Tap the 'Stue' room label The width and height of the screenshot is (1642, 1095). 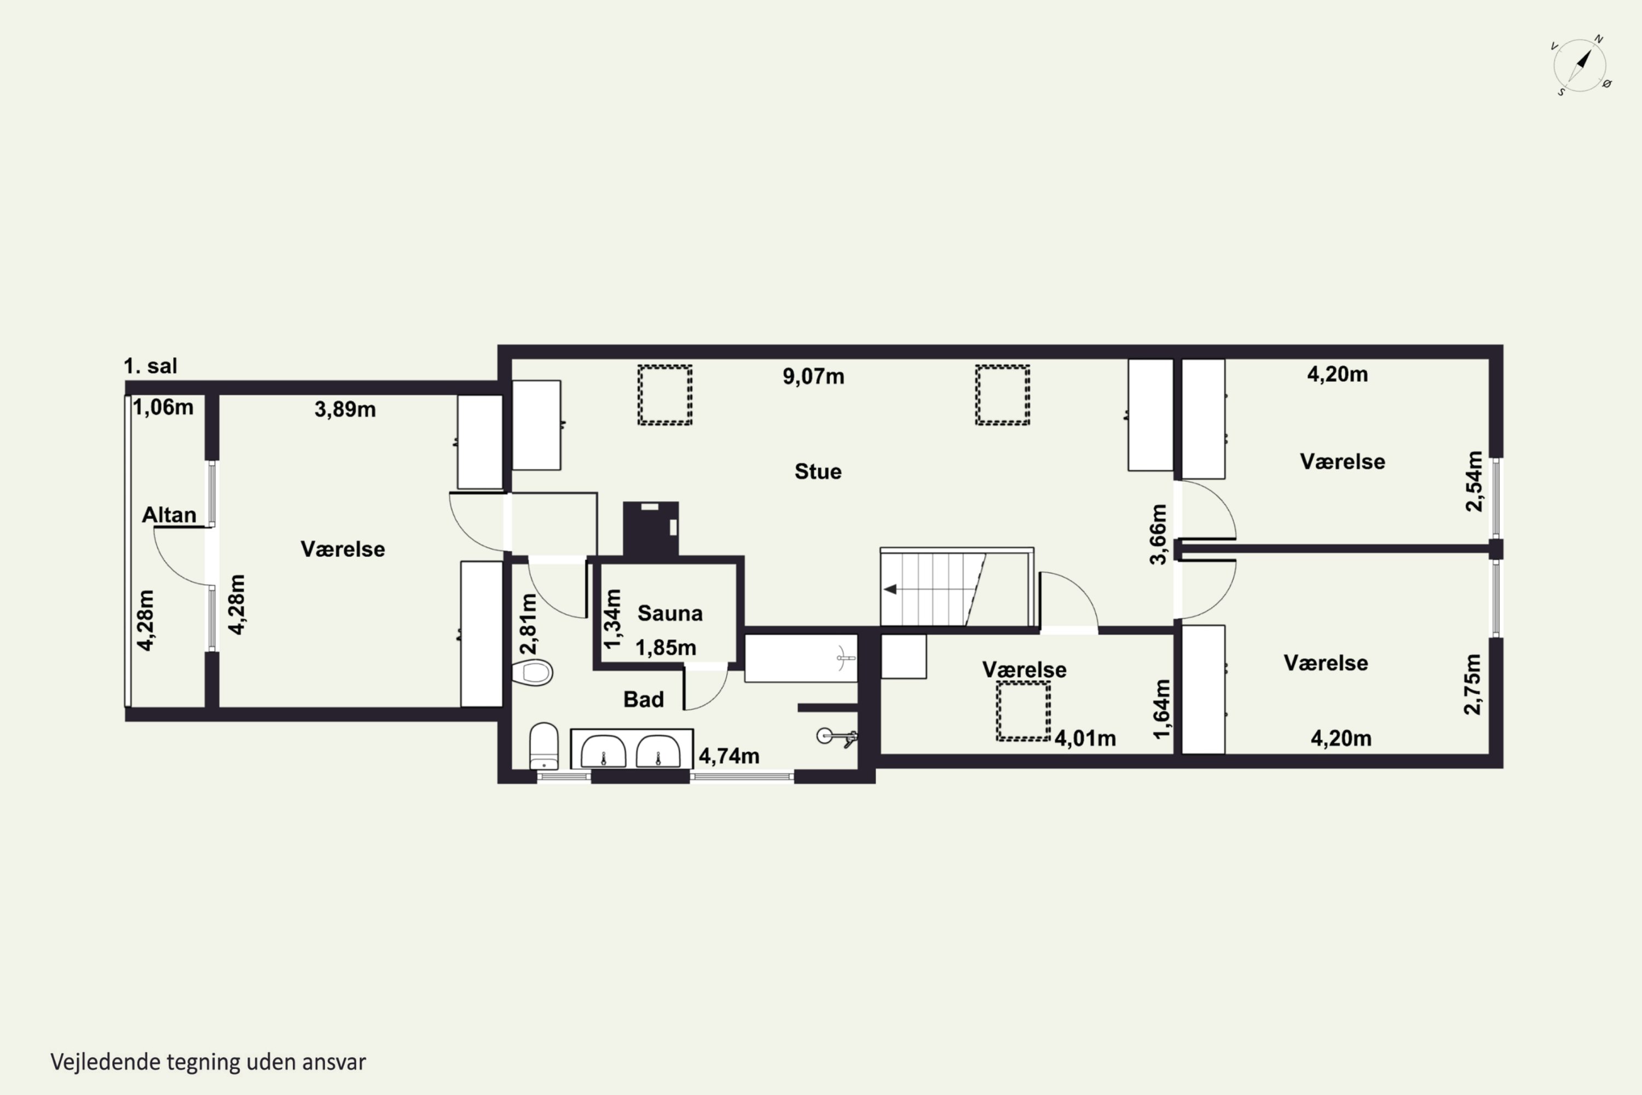(x=818, y=471)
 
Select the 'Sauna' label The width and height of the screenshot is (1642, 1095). (x=669, y=613)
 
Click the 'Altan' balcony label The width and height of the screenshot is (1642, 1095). (x=169, y=515)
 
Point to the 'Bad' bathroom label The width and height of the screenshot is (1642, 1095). (x=643, y=699)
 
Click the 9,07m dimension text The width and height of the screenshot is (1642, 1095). (x=813, y=377)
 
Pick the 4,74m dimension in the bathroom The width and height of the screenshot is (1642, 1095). (x=729, y=756)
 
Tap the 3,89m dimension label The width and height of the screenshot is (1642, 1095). (x=345, y=409)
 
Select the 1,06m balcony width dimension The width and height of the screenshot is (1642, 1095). (x=163, y=407)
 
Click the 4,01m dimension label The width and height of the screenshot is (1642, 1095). (x=1085, y=738)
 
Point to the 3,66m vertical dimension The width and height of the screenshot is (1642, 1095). (x=1158, y=534)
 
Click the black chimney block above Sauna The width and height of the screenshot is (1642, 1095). (x=651, y=529)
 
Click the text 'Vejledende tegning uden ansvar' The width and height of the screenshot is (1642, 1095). (x=208, y=1062)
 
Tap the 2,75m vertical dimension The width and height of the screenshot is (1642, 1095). (x=1472, y=684)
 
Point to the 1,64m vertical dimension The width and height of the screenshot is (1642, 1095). (x=1161, y=709)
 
